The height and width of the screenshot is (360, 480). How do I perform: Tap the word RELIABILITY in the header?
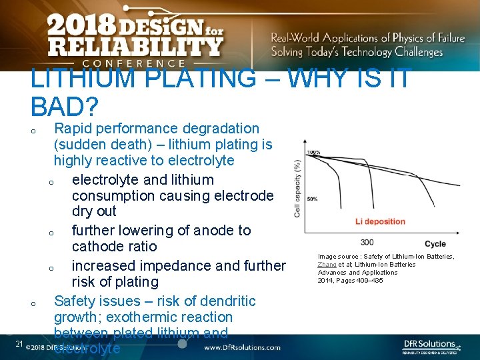point(134,47)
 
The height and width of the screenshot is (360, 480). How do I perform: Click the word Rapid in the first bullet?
point(73,128)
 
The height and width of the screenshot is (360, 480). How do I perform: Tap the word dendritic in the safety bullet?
point(224,301)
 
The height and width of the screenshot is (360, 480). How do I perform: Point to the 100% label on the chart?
point(313,152)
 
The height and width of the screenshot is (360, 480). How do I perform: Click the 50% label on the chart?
point(311,199)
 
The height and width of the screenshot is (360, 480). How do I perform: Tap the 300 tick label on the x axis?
point(367,242)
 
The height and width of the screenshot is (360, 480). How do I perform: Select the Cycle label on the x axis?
point(435,244)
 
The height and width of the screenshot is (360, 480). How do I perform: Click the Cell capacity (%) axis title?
point(297,188)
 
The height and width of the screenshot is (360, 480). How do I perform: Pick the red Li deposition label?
point(379,221)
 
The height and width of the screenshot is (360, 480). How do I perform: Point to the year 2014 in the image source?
point(326,281)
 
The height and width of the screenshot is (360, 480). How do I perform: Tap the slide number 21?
point(19,344)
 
